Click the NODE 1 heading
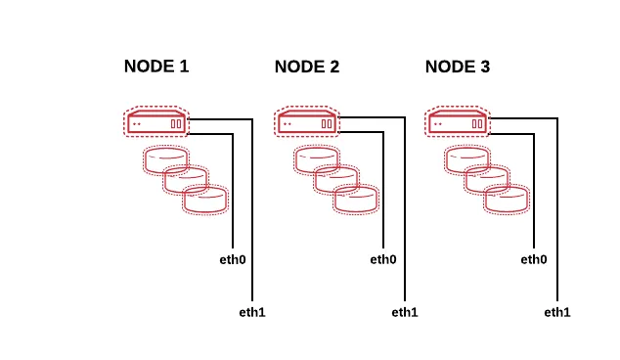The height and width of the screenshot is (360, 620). [x=156, y=67]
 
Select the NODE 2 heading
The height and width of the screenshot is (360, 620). [x=307, y=67]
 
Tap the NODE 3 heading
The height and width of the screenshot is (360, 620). [x=458, y=67]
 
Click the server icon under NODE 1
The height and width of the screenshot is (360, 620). [x=156, y=121]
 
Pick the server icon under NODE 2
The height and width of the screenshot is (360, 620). [x=307, y=121]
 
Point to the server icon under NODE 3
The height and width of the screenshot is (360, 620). [x=458, y=121]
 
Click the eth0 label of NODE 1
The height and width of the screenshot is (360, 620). [x=233, y=259]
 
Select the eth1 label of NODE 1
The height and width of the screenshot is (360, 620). [x=252, y=312]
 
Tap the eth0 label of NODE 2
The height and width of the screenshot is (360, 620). [x=383, y=259]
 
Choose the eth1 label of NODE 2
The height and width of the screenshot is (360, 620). [x=405, y=312]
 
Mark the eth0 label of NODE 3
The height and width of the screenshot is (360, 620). [x=534, y=259]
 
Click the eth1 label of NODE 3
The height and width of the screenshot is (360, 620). [x=557, y=312]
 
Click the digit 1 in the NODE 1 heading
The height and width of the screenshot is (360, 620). [x=184, y=67]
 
